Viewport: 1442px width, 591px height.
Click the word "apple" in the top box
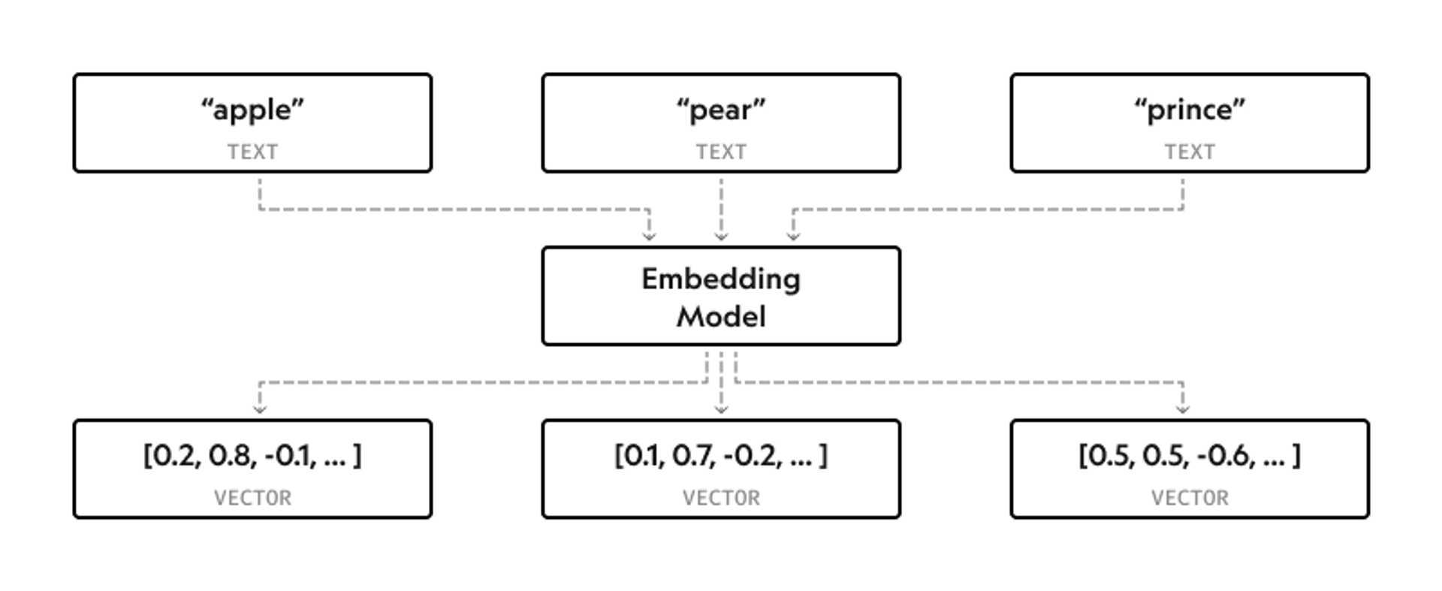point(252,110)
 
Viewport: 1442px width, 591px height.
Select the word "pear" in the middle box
point(720,110)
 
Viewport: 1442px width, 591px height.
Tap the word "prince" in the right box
point(1189,110)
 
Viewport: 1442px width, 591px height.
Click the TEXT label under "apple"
point(252,152)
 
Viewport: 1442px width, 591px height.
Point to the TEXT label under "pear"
point(720,152)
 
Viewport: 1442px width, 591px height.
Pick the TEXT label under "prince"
point(1189,152)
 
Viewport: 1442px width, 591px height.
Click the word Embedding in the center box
point(720,279)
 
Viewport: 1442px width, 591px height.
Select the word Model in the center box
point(720,316)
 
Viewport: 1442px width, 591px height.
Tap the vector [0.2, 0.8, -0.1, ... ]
point(252,455)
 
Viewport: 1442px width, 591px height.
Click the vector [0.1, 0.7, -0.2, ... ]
point(720,455)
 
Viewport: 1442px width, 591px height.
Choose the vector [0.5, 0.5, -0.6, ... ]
point(1189,455)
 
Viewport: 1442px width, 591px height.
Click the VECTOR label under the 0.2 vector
point(252,498)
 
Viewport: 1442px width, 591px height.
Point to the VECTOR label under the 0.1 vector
point(720,498)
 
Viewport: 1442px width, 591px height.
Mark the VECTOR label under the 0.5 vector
point(1189,498)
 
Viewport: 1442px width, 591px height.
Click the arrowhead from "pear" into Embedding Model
point(721,236)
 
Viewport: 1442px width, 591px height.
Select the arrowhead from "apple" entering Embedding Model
point(649,236)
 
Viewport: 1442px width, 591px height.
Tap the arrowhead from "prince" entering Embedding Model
point(793,236)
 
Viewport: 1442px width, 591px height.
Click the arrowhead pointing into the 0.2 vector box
point(260,409)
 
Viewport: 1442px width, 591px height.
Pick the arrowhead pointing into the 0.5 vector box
point(1182,409)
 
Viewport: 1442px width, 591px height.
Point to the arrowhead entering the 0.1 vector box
point(721,409)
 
